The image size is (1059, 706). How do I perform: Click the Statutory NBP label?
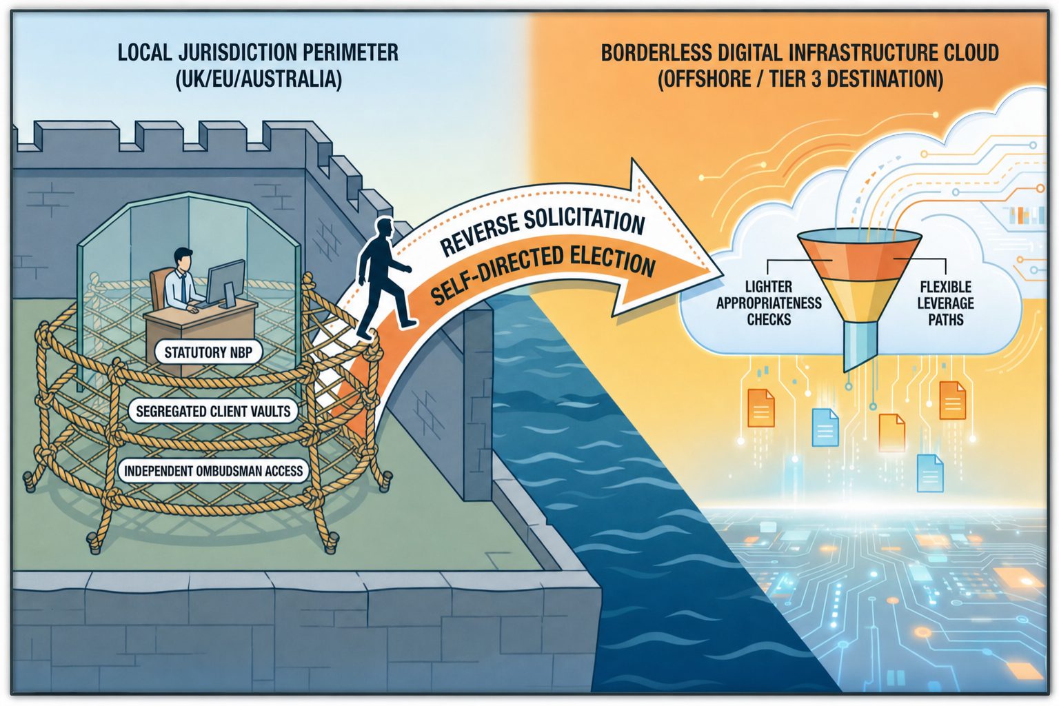[x=208, y=352]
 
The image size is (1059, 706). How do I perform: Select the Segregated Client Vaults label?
[x=213, y=411]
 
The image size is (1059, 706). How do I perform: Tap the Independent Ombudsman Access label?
[x=213, y=470]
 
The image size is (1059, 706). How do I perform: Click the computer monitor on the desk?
[x=226, y=282]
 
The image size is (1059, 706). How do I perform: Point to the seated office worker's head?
[x=183, y=259]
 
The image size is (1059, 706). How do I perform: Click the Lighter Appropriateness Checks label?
[x=769, y=303]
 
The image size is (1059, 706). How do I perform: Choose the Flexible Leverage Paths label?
[x=945, y=303]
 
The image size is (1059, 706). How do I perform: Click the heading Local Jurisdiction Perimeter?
[x=258, y=52]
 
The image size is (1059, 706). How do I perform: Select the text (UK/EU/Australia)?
[x=258, y=79]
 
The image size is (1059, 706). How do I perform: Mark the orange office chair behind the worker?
[x=160, y=288]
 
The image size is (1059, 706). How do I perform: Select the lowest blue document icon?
[x=930, y=474]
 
